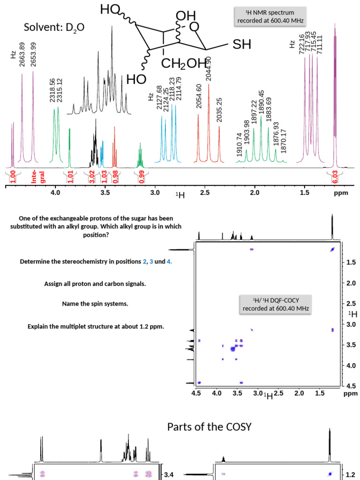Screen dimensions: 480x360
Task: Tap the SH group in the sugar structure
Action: coord(242,45)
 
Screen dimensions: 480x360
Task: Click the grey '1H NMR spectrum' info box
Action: coord(270,16)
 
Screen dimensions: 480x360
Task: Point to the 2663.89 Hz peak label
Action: coord(22,55)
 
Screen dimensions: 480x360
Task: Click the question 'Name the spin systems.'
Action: coord(95,304)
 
